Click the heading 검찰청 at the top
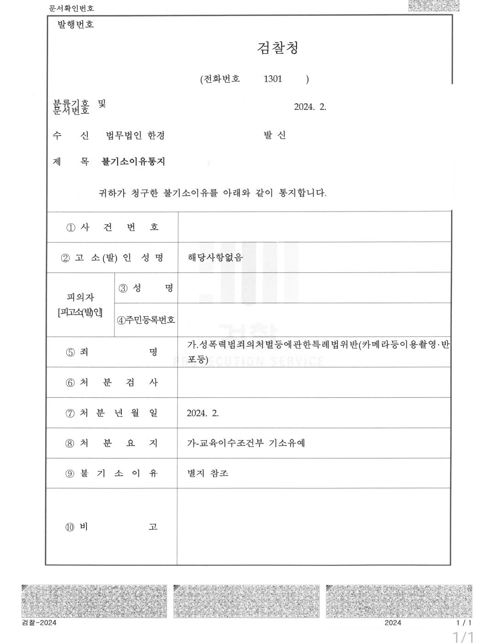278,48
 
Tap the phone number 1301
273,79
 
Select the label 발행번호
75,25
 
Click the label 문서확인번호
71,8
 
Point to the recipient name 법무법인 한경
135,135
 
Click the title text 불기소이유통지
133,162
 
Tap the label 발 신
275,135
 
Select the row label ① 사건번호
113,227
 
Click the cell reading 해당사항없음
215,257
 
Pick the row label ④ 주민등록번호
146,320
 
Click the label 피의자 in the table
80,298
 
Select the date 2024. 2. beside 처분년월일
203,413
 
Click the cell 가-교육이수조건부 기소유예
246,443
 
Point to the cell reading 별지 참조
208,473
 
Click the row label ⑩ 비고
111,527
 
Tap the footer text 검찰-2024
39,623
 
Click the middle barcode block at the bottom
246,601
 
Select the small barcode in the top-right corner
433,6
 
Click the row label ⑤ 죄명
112,352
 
